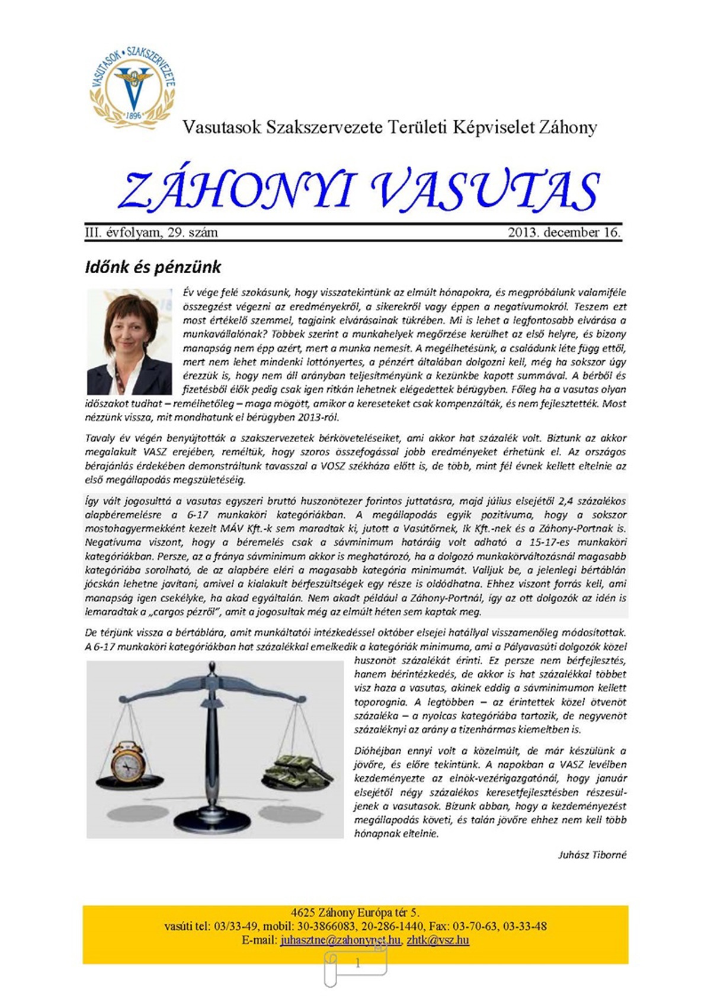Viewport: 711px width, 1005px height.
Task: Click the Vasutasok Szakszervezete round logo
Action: [132, 86]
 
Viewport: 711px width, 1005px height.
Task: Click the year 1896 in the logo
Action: [133, 115]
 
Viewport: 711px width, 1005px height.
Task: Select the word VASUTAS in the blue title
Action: [486, 191]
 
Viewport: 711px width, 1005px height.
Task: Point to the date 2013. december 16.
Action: [563, 232]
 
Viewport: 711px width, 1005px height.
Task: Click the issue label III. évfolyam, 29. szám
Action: [152, 232]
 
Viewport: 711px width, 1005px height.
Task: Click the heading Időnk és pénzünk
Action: [153, 267]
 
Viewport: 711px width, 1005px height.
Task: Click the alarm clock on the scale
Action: [129, 760]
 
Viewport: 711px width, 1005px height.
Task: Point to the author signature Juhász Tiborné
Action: [592, 854]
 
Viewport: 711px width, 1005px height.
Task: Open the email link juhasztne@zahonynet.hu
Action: [341, 940]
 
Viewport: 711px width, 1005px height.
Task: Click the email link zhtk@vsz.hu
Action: [438, 940]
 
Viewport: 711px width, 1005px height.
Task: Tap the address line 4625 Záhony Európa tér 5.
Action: [355, 913]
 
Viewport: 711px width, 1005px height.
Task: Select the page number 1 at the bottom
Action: [357, 964]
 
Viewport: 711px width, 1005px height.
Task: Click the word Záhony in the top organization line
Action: [568, 127]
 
